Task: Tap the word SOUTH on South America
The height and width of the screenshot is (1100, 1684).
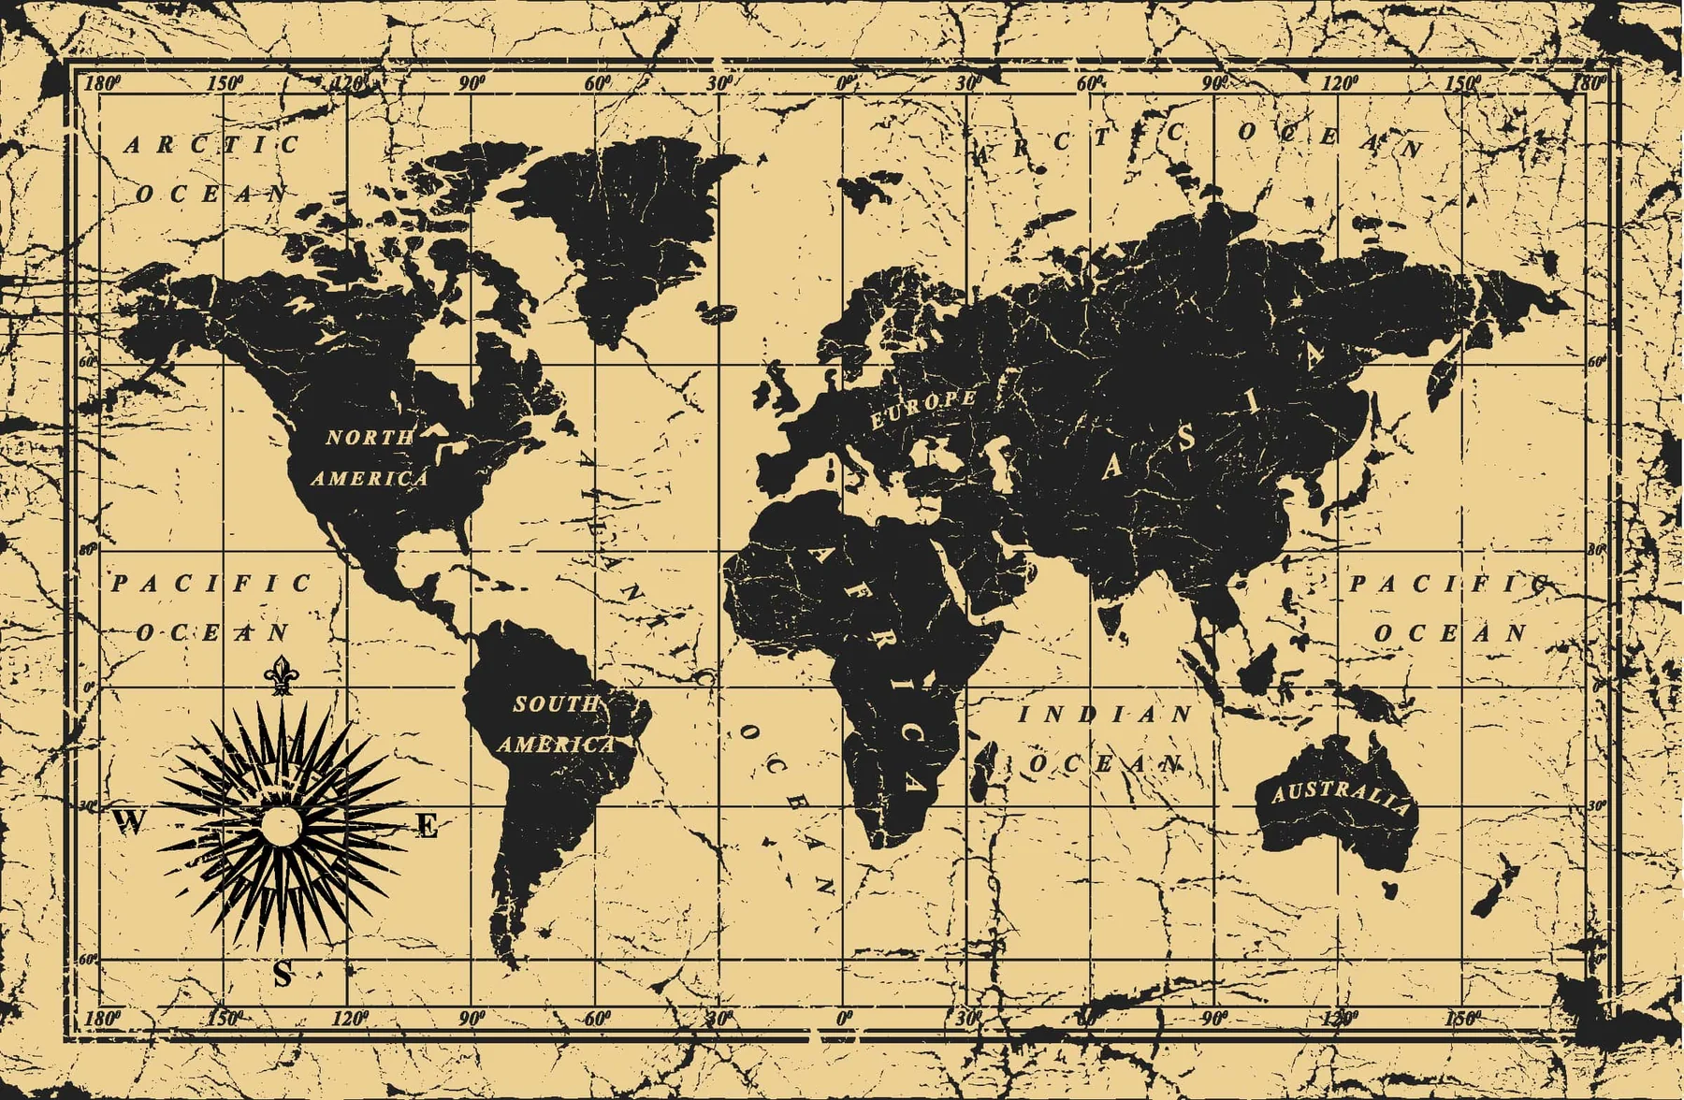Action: pyautogui.click(x=556, y=703)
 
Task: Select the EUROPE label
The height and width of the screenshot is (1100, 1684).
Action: pyautogui.click(x=923, y=409)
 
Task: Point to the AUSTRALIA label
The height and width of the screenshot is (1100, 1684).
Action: pyautogui.click(x=1339, y=796)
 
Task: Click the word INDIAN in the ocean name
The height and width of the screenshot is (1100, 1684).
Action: pyautogui.click(x=1105, y=715)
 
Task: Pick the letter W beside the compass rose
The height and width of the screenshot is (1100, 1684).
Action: pyautogui.click(x=130, y=822)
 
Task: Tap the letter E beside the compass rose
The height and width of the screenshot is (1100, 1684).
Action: pyautogui.click(x=427, y=826)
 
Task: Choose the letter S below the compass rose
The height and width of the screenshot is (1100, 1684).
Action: pyautogui.click(x=282, y=975)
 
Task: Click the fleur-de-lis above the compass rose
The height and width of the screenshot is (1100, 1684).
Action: pyautogui.click(x=278, y=675)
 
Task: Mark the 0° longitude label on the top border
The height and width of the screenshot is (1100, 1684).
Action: pyautogui.click(x=845, y=83)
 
